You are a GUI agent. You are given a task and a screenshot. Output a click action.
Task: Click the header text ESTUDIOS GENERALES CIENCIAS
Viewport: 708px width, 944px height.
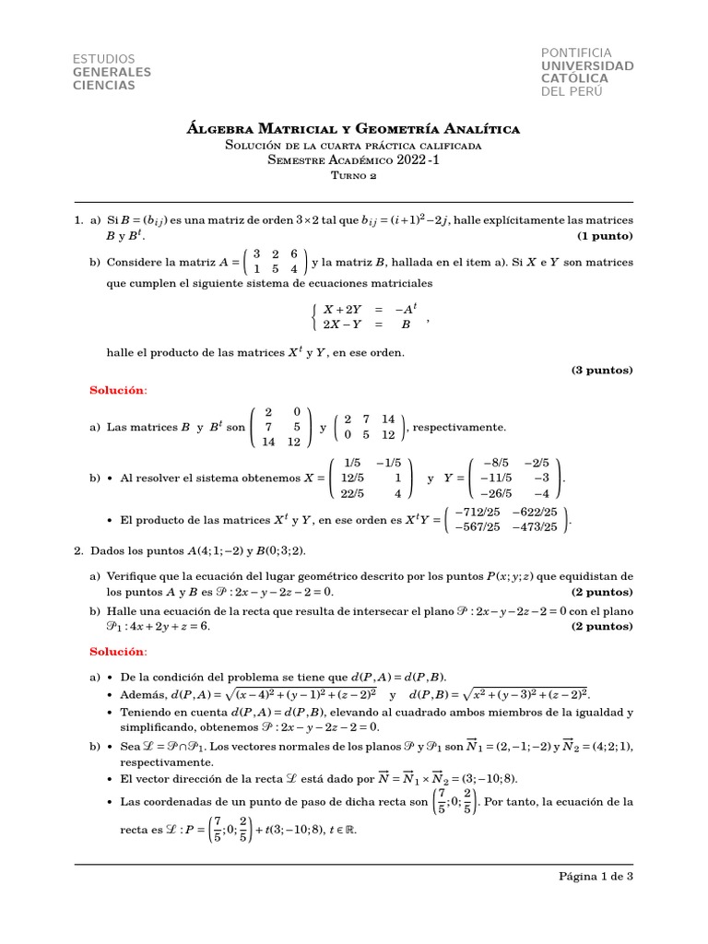112,72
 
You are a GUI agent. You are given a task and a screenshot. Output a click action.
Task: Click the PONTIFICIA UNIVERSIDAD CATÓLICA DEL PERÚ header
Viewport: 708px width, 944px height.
586,72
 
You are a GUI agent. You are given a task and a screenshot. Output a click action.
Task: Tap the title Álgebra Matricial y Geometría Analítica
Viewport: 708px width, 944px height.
353,128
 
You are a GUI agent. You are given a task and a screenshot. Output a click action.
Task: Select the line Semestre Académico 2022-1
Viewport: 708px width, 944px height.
353,159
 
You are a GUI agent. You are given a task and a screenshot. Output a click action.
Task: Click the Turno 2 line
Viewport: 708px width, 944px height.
353,174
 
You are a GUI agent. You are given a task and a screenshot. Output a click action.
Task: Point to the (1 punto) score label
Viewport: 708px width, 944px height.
605,236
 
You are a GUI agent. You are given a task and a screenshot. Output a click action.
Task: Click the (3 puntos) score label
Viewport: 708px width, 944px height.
602,370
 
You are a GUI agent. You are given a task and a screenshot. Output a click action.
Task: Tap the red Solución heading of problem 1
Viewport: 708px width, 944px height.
118,391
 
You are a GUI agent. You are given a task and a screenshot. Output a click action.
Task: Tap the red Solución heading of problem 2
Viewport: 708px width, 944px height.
118,652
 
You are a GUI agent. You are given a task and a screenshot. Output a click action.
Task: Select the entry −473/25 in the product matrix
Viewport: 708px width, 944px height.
537,527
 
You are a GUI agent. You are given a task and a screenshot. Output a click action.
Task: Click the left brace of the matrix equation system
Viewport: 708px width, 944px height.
315,317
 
